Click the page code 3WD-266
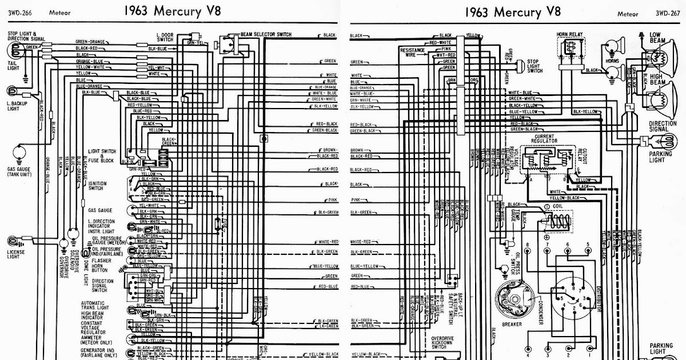point(19,11)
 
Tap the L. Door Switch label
point(165,37)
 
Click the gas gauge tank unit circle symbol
point(18,152)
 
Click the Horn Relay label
point(569,34)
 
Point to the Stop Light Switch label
point(535,66)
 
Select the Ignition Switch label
point(95,185)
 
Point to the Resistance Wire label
point(415,53)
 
